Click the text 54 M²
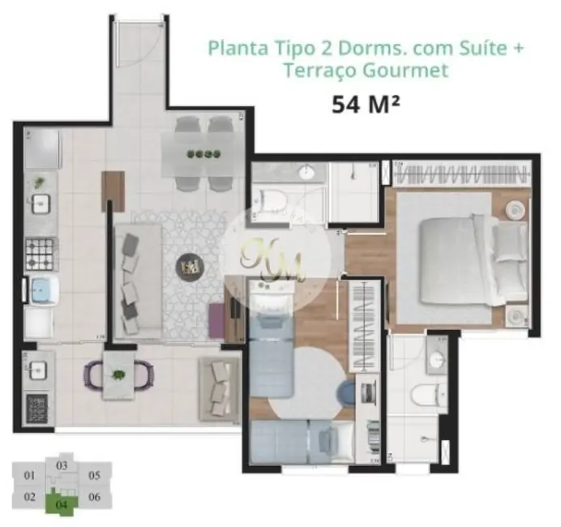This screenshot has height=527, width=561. tap(366, 105)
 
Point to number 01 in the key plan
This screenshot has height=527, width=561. tap(30, 476)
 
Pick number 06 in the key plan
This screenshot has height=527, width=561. tap(94, 497)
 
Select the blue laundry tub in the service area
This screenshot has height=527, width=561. tap(40, 290)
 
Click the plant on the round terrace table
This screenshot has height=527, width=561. tap(119, 375)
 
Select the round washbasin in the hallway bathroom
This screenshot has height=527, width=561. tap(308, 173)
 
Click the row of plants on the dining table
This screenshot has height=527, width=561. tap(203, 154)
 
